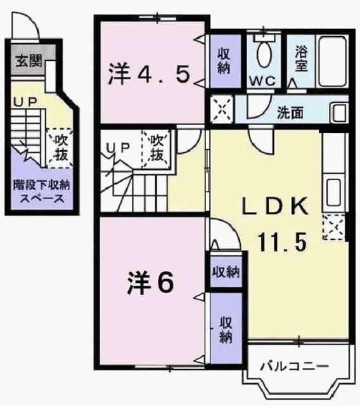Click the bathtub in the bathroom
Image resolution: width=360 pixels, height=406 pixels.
pos(330,60)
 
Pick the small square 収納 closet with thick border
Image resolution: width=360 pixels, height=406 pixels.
pos(226,273)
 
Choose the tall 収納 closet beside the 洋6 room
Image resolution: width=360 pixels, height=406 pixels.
pos(226,329)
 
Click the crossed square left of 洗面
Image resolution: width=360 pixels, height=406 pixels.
pos(222,108)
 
